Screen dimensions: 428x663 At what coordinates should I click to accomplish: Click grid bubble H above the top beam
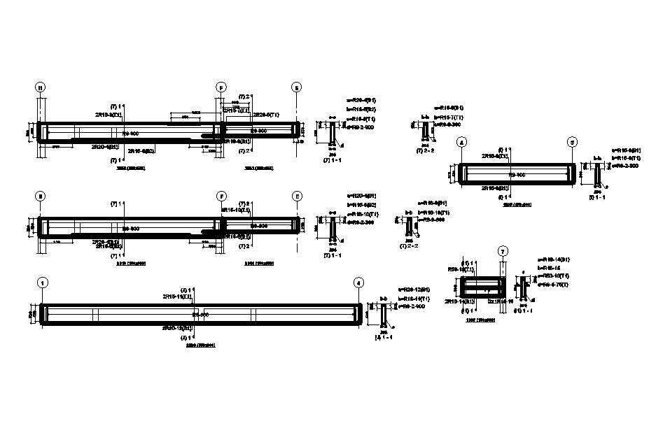pos(41,88)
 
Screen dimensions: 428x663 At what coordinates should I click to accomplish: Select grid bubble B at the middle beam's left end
pos(41,197)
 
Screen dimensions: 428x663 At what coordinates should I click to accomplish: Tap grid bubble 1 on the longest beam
pos(43,283)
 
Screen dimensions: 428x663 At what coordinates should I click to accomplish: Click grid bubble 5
pos(573,143)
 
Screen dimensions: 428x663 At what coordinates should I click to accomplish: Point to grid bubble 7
pos(502,251)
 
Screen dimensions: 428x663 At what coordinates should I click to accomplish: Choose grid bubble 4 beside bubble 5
pos(461,143)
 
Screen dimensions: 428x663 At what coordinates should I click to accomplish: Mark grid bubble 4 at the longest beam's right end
pos(359,283)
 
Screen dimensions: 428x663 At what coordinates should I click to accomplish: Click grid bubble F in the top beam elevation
pos(221,88)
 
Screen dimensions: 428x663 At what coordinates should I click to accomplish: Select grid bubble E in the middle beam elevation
pos(297,197)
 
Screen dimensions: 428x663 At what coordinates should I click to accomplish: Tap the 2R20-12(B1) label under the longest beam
pos(178,327)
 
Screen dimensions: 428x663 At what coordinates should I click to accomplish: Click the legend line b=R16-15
pos(550,268)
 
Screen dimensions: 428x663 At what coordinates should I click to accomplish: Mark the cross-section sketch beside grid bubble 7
pos(522,286)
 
